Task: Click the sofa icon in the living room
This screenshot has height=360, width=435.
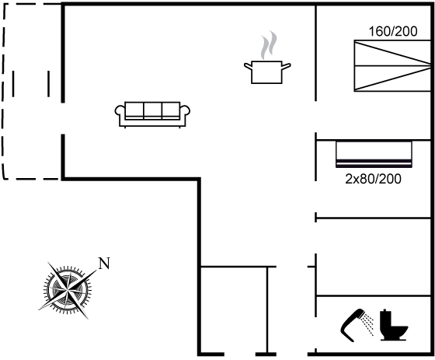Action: (152, 114)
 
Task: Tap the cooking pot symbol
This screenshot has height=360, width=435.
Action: (267, 72)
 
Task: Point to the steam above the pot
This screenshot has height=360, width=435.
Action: (269, 45)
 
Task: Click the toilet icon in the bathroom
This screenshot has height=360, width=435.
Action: (393, 325)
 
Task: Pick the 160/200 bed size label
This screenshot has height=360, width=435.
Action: (393, 31)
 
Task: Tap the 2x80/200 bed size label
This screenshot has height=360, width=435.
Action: (373, 179)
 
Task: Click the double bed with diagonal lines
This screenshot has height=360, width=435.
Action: (392, 66)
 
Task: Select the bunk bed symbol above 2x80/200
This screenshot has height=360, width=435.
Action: (374, 155)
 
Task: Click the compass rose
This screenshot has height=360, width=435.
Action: (68, 290)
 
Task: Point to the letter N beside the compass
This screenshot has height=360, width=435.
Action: (104, 264)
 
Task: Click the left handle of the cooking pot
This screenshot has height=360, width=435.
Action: (248, 66)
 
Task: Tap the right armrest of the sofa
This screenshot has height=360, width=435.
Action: (186, 111)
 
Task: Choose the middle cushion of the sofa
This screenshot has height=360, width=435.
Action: (152, 110)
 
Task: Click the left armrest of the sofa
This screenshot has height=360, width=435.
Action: (120, 111)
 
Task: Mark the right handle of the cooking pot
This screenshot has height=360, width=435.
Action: (287, 66)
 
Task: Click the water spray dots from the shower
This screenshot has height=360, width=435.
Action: (368, 324)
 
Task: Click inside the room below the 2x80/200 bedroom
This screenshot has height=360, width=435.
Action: (373, 257)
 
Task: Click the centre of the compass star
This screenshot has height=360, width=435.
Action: (68, 290)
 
